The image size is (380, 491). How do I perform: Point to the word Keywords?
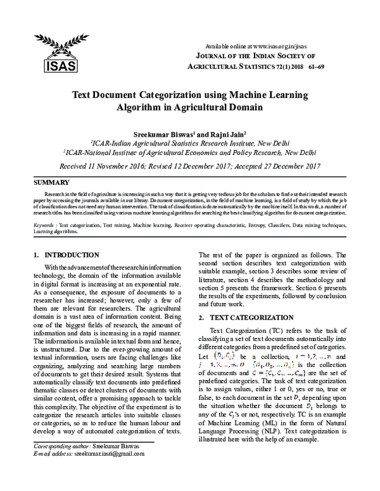pos(44,225)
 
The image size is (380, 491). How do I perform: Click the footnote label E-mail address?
pos(53,471)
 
